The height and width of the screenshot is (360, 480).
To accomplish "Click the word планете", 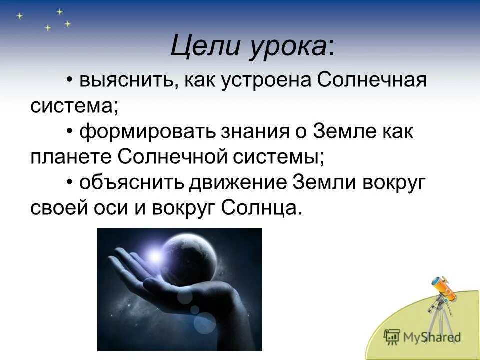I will (x=71, y=157).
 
